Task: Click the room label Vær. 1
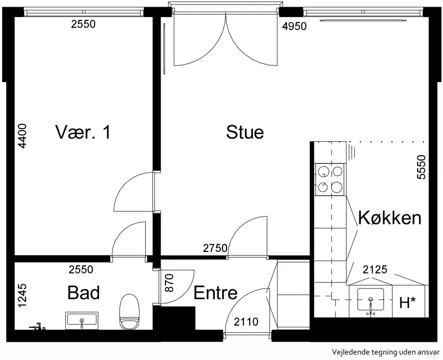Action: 83,132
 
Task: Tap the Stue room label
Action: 245,132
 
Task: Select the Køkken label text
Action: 390,218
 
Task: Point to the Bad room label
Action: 84,292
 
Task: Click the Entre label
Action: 215,293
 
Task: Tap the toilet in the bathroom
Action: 130,312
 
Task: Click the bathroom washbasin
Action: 81,321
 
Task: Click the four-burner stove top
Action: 330,179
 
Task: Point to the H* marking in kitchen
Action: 408,302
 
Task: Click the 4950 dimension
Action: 295,26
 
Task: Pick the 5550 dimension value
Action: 421,167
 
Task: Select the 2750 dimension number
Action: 215,248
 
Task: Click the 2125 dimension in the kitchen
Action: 375,269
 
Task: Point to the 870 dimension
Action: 169,283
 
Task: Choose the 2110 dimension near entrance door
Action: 246,322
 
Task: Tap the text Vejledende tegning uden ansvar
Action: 385,352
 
